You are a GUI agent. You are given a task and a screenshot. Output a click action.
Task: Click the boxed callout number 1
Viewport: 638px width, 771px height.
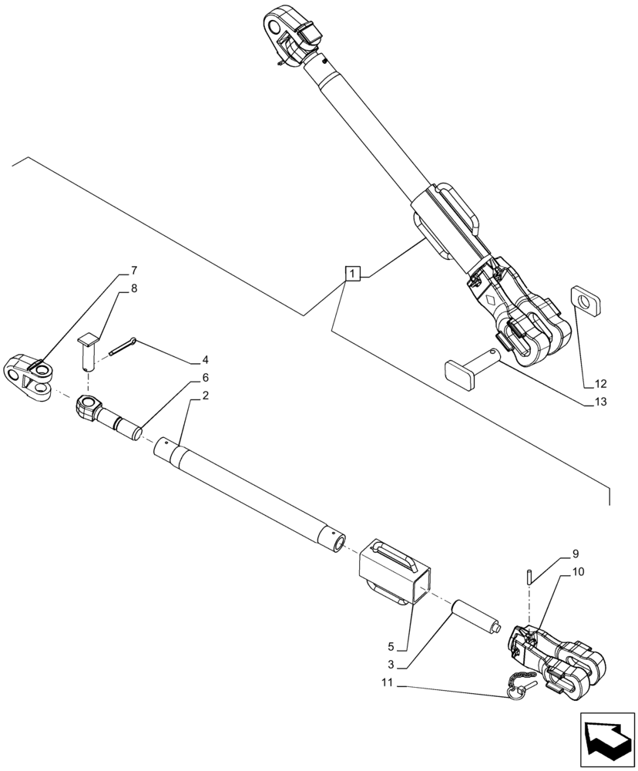click(x=351, y=274)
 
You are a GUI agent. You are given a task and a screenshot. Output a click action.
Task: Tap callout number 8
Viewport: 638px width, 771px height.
click(x=133, y=288)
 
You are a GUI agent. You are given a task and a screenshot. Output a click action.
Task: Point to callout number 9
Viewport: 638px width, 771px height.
click(x=575, y=554)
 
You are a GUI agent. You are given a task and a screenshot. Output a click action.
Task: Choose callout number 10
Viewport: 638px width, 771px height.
click(x=578, y=572)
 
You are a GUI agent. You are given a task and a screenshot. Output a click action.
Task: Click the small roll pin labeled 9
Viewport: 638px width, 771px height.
click(x=529, y=574)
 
